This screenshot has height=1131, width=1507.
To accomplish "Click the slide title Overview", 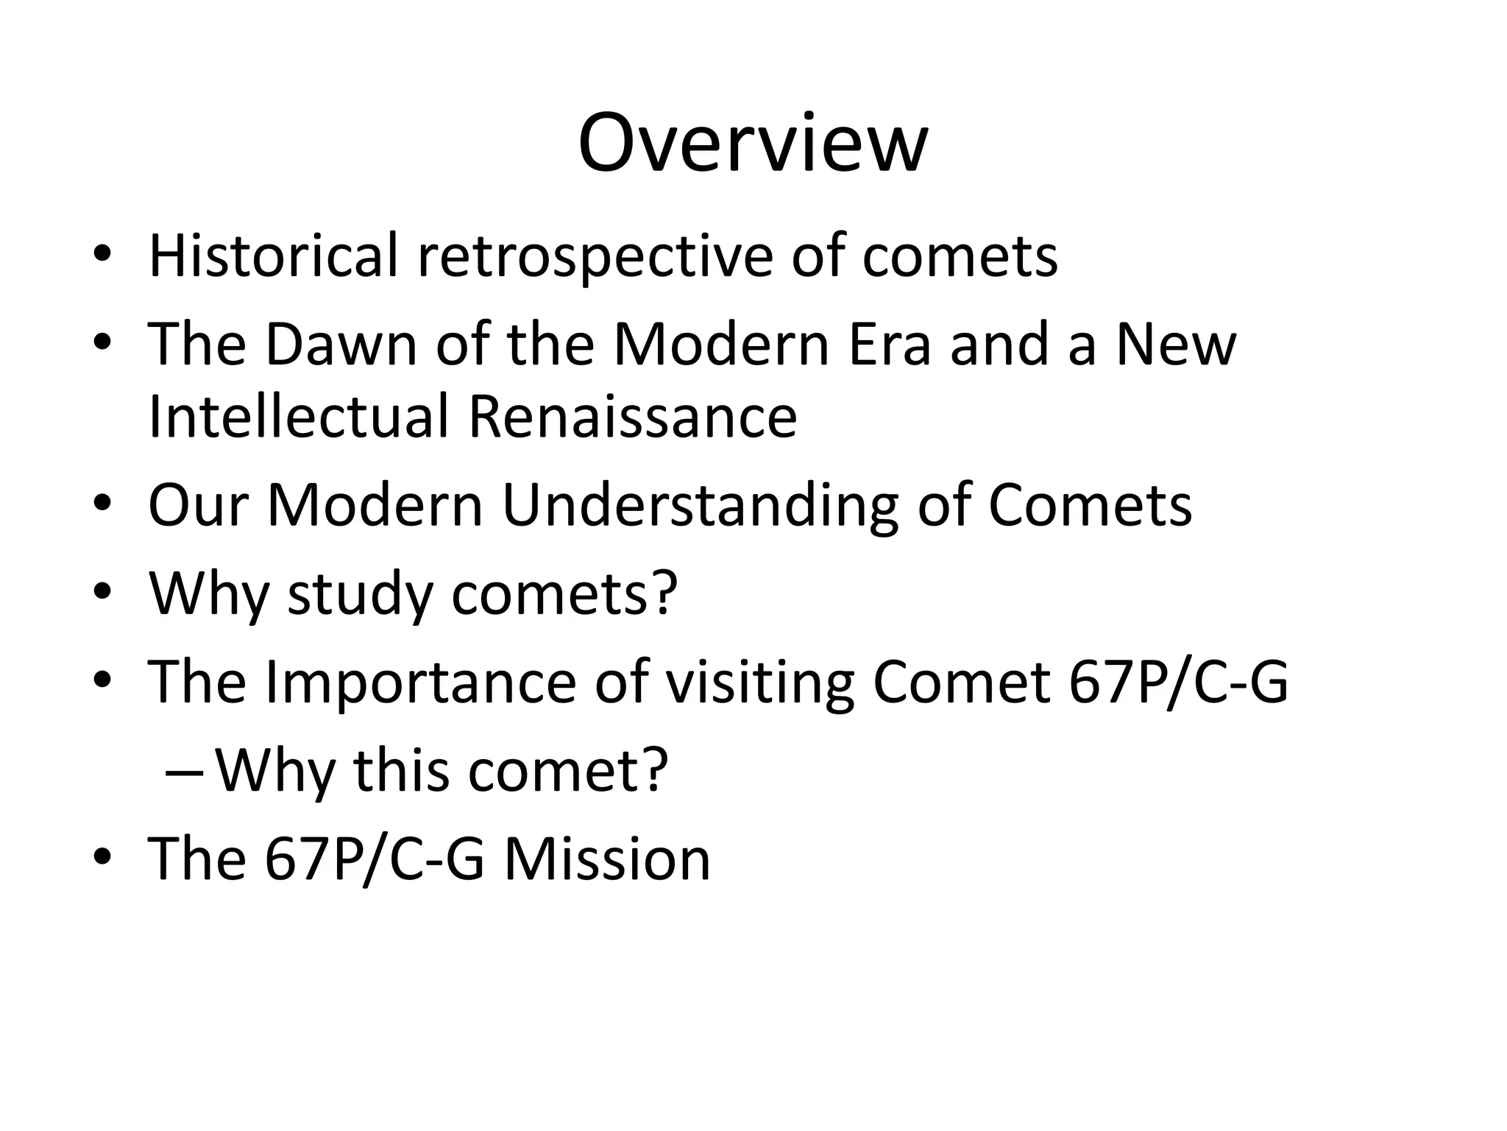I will click(x=753, y=143).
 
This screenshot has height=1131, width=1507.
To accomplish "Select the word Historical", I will click(x=273, y=256).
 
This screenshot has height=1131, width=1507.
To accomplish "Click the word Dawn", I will click(x=341, y=344).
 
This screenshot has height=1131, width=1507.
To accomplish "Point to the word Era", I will click(x=890, y=344).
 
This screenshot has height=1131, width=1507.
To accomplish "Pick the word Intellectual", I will click(x=298, y=416).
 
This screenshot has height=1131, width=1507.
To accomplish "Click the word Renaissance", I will click(x=632, y=416).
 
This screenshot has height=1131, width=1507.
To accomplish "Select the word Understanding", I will click(x=700, y=506).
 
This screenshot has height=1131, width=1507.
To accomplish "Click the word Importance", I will click(x=420, y=683).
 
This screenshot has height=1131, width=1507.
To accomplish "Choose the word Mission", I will click(x=607, y=859).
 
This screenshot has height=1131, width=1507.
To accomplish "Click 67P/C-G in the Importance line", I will click(x=1178, y=683).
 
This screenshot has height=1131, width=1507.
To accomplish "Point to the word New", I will click(x=1175, y=344).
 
